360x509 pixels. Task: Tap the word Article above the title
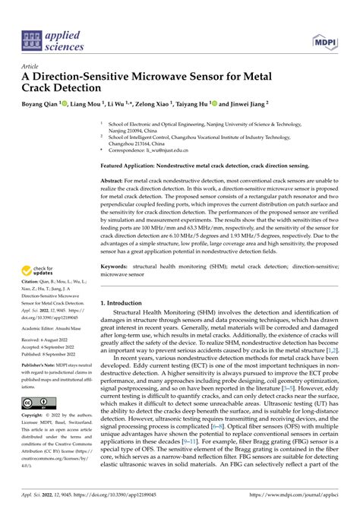(x=30, y=68)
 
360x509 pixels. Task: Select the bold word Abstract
(x=114, y=181)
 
